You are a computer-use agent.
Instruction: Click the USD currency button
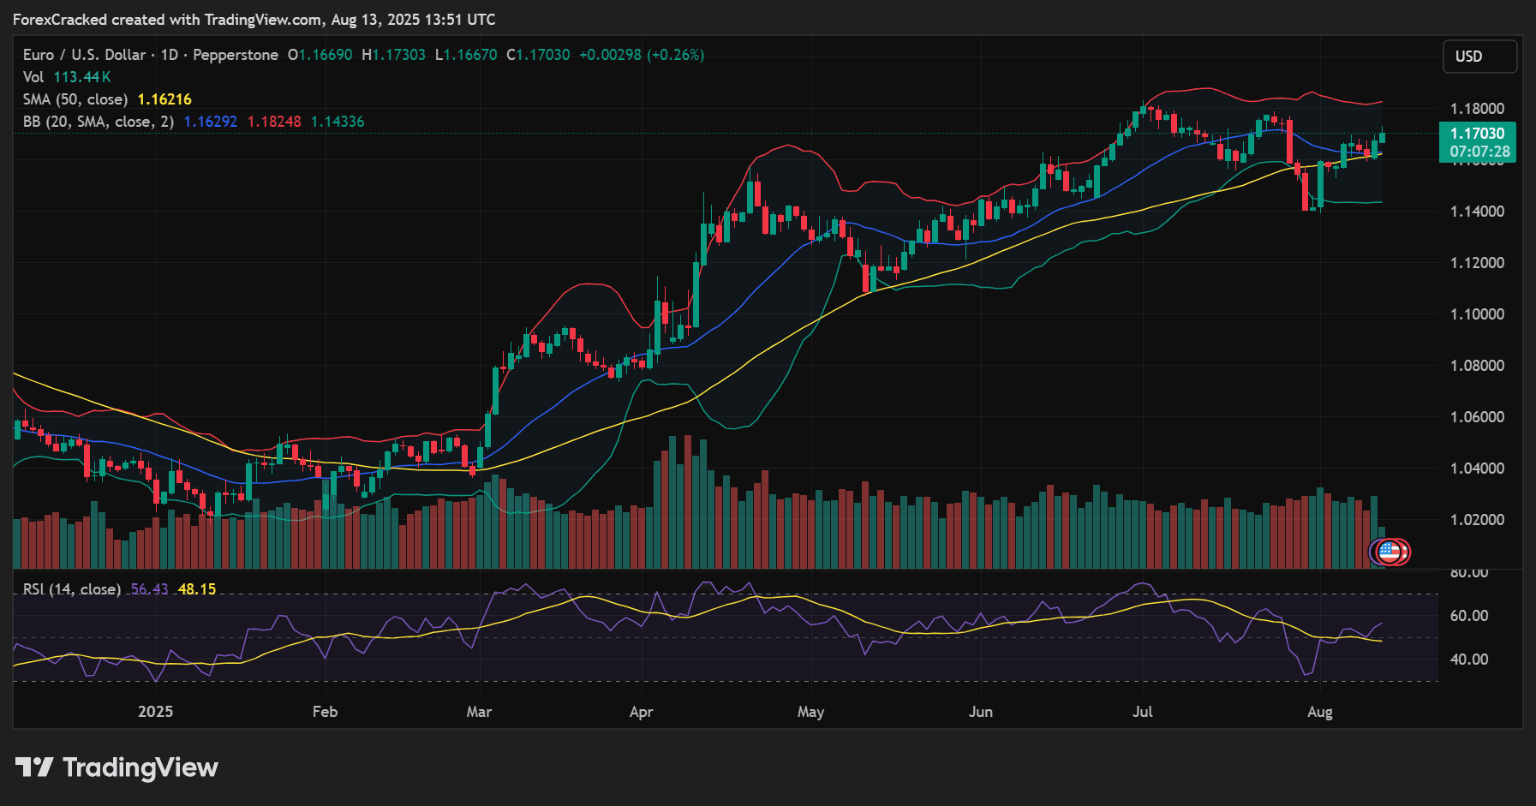(1479, 57)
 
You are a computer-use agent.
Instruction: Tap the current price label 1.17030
(1478, 134)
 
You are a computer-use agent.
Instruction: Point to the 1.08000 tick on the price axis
(1477, 366)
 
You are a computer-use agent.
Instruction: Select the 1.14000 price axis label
(1477, 212)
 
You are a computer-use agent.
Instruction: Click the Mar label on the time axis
(479, 712)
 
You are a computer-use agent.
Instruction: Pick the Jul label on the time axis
(1142, 712)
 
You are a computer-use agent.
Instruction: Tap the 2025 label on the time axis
(155, 712)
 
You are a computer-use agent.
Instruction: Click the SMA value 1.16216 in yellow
(164, 99)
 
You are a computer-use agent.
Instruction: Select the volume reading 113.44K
(82, 77)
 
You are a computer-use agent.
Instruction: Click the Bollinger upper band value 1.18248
(274, 122)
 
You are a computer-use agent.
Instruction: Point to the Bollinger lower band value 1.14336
(338, 122)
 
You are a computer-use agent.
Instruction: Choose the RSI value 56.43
(150, 589)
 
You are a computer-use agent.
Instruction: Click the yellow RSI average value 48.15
(197, 589)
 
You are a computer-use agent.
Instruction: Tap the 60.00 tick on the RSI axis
(1468, 616)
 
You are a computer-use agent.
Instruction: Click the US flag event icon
(1388, 552)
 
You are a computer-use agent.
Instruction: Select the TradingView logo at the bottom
(117, 767)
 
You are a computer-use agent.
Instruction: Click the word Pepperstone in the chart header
(236, 55)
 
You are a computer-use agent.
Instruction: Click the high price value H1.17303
(393, 55)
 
